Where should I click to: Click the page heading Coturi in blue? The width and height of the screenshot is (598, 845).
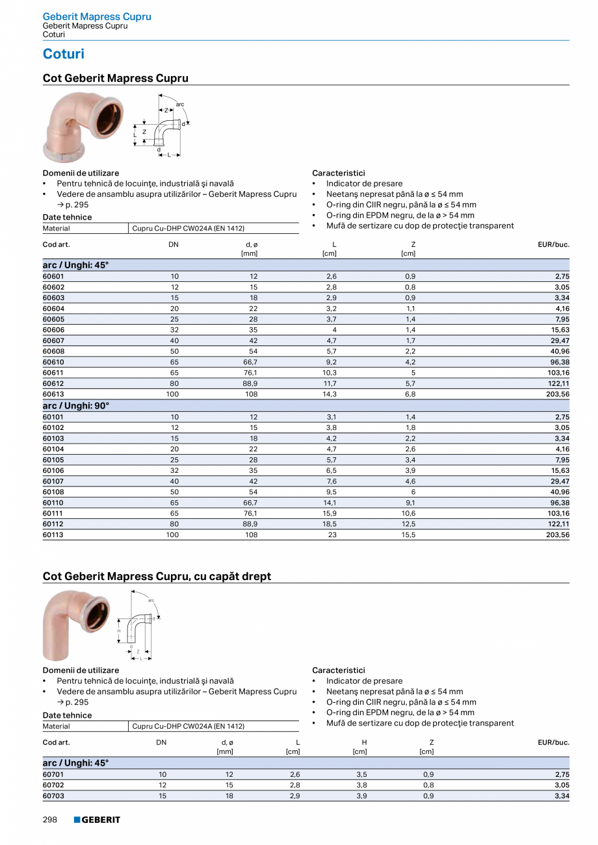click(63, 54)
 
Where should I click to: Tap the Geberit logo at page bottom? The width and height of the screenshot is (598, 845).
click(97, 820)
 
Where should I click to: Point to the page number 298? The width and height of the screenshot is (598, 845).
click(51, 820)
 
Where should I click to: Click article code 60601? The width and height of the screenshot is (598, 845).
click(54, 276)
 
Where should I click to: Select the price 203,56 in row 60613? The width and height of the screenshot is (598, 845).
click(558, 394)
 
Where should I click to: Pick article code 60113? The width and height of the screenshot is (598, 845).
click(54, 535)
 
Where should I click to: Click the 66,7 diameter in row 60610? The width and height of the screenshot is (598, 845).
click(250, 362)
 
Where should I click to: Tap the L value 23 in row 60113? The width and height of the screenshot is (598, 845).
click(333, 535)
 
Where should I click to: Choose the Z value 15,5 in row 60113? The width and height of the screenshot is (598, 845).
click(408, 535)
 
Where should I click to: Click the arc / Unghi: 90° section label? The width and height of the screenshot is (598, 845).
click(76, 405)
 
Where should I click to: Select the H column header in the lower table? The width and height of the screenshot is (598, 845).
click(365, 742)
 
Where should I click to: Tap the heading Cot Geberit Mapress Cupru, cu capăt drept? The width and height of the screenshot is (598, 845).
click(157, 576)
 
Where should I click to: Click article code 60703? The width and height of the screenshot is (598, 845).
click(54, 796)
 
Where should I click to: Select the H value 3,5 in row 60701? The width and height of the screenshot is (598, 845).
click(361, 774)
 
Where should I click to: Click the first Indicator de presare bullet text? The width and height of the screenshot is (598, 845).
click(364, 184)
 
